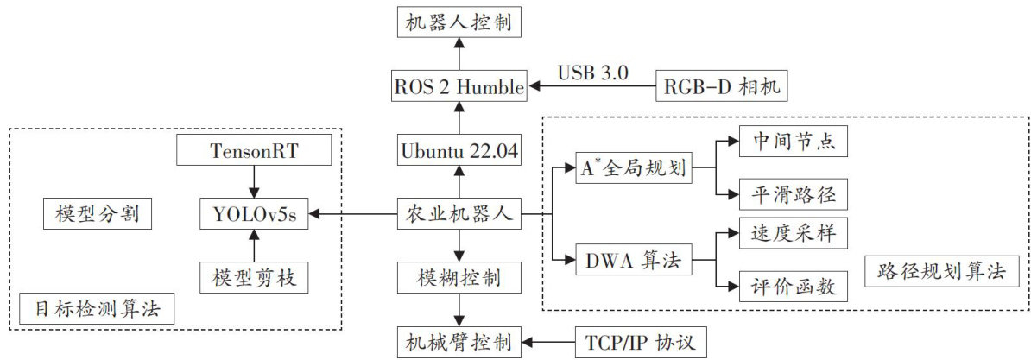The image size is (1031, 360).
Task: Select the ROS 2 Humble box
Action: tap(459, 86)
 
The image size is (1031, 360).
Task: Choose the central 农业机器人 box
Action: tap(459, 214)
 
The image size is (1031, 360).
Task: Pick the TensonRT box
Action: tap(253, 150)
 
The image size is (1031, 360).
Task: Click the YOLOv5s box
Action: tap(253, 214)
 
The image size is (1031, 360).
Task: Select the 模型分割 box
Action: tap(98, 214)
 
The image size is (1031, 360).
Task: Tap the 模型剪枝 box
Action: tap(253, 277)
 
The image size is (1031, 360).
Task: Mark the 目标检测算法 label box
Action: tap(95, 307)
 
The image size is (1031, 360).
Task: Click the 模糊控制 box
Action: tap(459, 278)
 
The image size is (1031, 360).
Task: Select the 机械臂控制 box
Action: tap(459, 341)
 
